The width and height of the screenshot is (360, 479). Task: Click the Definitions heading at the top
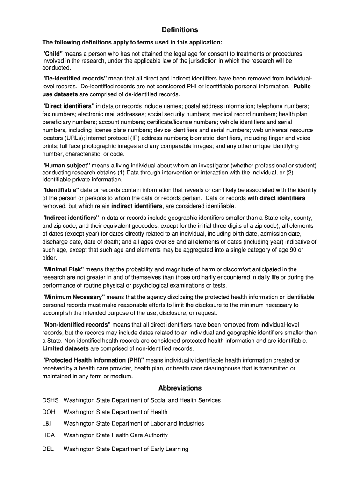[180, 30]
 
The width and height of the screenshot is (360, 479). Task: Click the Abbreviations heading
[180, 388]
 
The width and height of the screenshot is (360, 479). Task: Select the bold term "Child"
[52, 54]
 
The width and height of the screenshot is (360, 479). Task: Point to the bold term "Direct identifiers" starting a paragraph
[68, 106]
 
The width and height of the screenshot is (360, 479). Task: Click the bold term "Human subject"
[66, 166]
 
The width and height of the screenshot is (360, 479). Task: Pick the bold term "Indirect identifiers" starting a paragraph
[71, 218]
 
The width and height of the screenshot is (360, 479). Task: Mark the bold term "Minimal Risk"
[63, 269]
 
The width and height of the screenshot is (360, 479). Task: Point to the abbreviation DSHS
[50, 400]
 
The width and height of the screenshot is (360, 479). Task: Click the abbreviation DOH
[49, 412]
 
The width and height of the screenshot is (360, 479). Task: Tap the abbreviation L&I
[47, 423]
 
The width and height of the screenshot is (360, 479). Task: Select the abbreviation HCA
[49, 435]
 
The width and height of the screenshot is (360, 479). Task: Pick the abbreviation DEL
[48, 449]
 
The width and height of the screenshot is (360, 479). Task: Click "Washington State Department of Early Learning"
[126, 449]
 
